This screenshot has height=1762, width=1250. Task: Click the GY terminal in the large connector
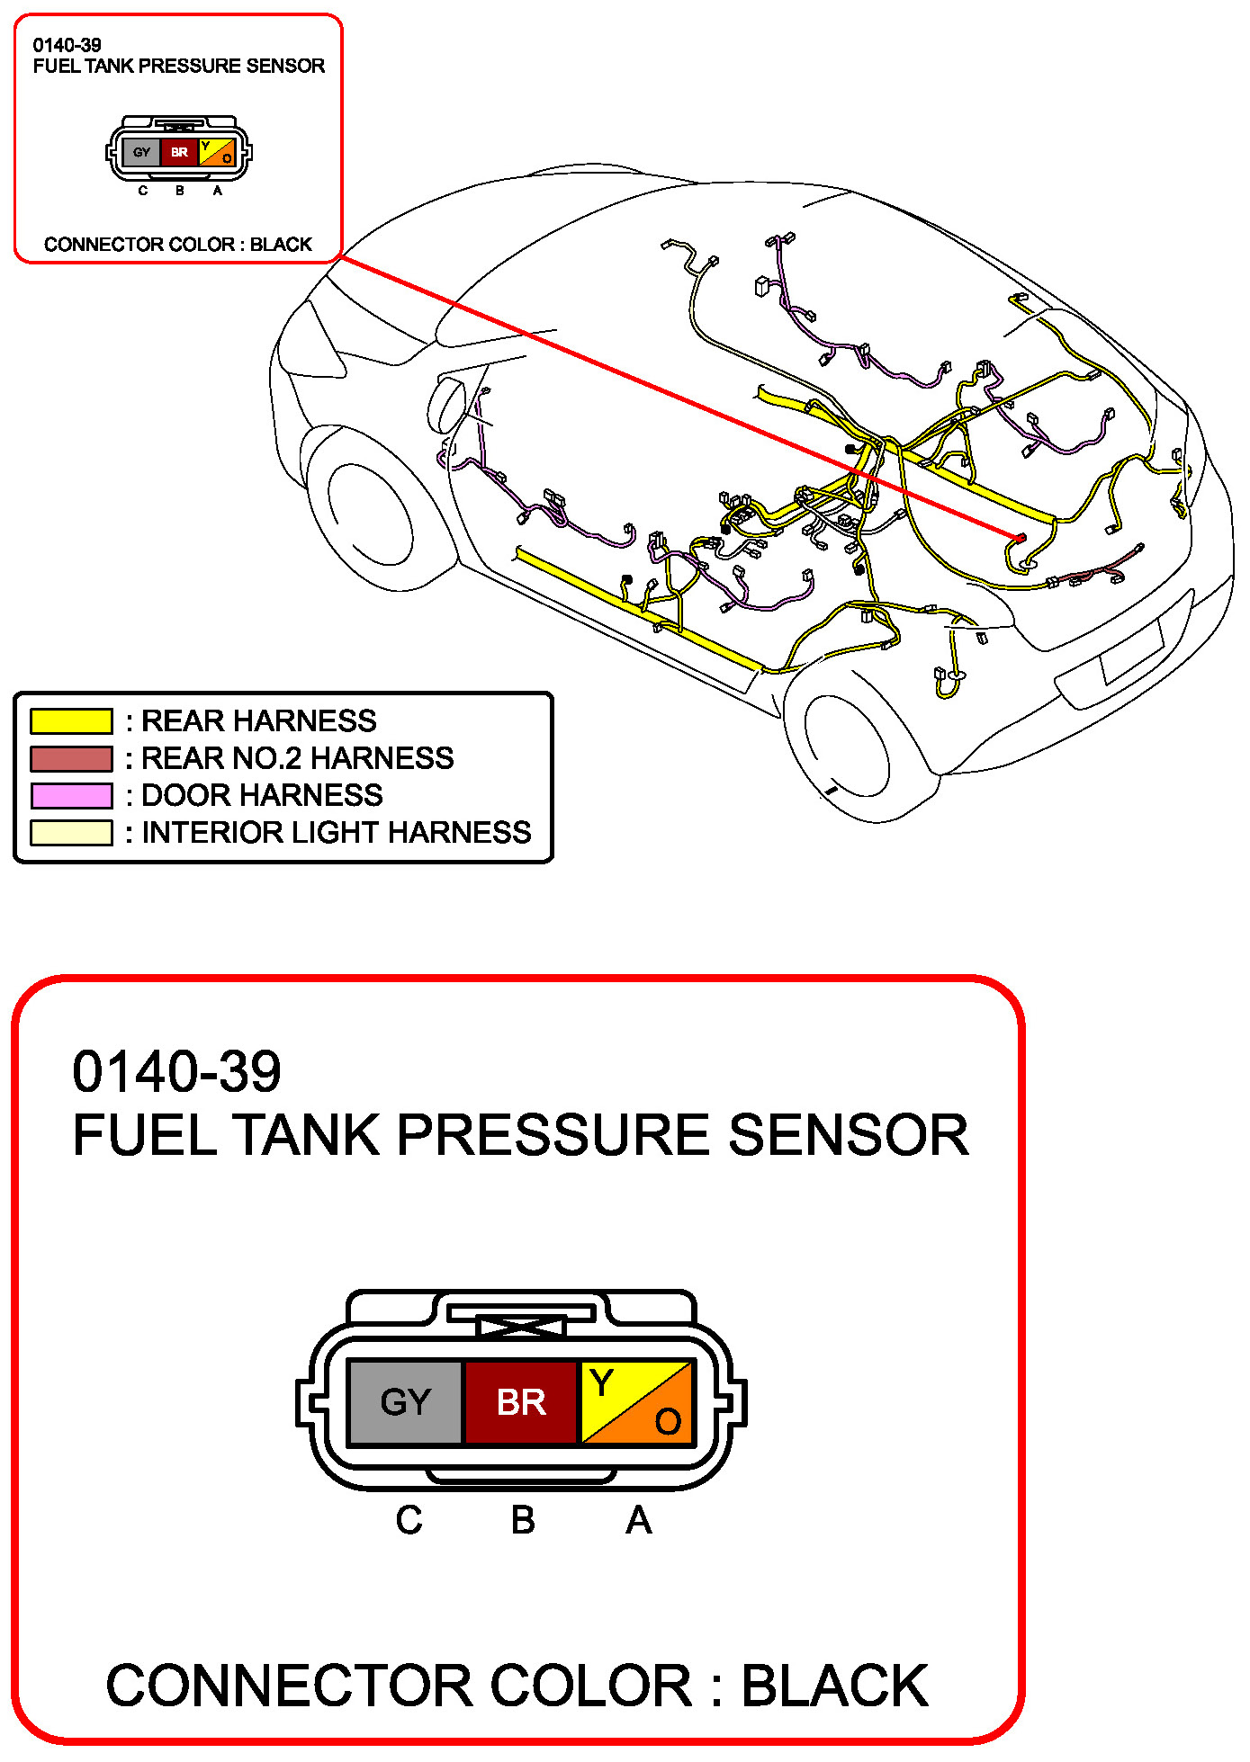point(405,1402)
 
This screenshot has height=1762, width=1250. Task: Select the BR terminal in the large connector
point(521,1402)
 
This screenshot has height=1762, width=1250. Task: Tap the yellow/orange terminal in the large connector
point(637,1402)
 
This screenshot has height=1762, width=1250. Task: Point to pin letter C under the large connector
point(409,1521)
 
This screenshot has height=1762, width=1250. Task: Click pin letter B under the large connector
point(523,1521)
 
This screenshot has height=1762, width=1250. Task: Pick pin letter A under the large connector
point(638,1521)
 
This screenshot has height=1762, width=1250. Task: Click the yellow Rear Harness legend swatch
point(71,721)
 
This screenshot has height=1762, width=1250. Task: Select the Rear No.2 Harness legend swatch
point(71,759)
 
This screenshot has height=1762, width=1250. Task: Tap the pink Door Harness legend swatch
point(71,796)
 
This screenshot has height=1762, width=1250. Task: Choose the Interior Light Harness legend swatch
point(71,833)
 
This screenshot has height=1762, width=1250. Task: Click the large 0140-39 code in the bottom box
point(176,1071)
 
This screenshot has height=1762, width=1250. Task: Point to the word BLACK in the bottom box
point(834,1685)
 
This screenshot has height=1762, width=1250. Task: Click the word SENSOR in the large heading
point(849,1134)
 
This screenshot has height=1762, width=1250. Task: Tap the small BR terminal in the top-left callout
point(180,152)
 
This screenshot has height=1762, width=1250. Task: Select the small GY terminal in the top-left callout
point(141,152)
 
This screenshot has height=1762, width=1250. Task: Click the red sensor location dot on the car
point(1021,538)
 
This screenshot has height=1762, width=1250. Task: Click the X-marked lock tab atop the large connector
point(521,1326)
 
